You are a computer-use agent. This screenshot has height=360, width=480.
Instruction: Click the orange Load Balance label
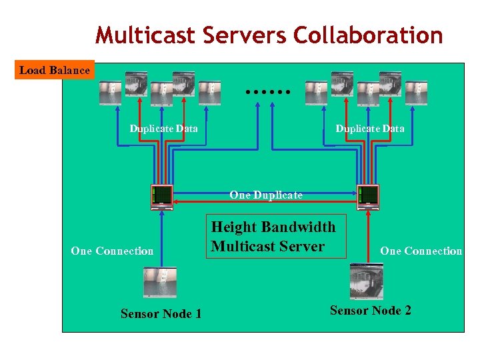(x=55, y=70)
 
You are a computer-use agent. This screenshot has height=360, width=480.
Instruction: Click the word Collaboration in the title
(x=369, y=35)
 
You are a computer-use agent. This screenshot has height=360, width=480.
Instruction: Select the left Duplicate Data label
(x=163, y=129)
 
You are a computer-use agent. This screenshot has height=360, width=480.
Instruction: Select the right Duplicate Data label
(x=369, y=129)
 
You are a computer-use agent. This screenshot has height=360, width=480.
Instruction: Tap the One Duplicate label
(x=265, y=195)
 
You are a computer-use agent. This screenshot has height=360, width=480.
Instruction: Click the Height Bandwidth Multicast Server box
(x=273, y=237)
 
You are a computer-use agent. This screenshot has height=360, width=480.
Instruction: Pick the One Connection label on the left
(x=112, y=251)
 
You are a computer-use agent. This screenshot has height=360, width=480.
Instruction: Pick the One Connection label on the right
(x=421, y=251)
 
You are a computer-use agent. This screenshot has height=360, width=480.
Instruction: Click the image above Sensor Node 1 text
(x=160, y=282)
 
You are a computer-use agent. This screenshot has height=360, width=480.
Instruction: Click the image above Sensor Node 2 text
(x=367, y=281)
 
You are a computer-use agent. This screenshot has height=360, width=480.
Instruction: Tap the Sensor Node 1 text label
(x=161, y=313)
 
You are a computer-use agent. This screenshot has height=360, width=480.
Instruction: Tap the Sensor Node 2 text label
(x=370, y=310)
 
